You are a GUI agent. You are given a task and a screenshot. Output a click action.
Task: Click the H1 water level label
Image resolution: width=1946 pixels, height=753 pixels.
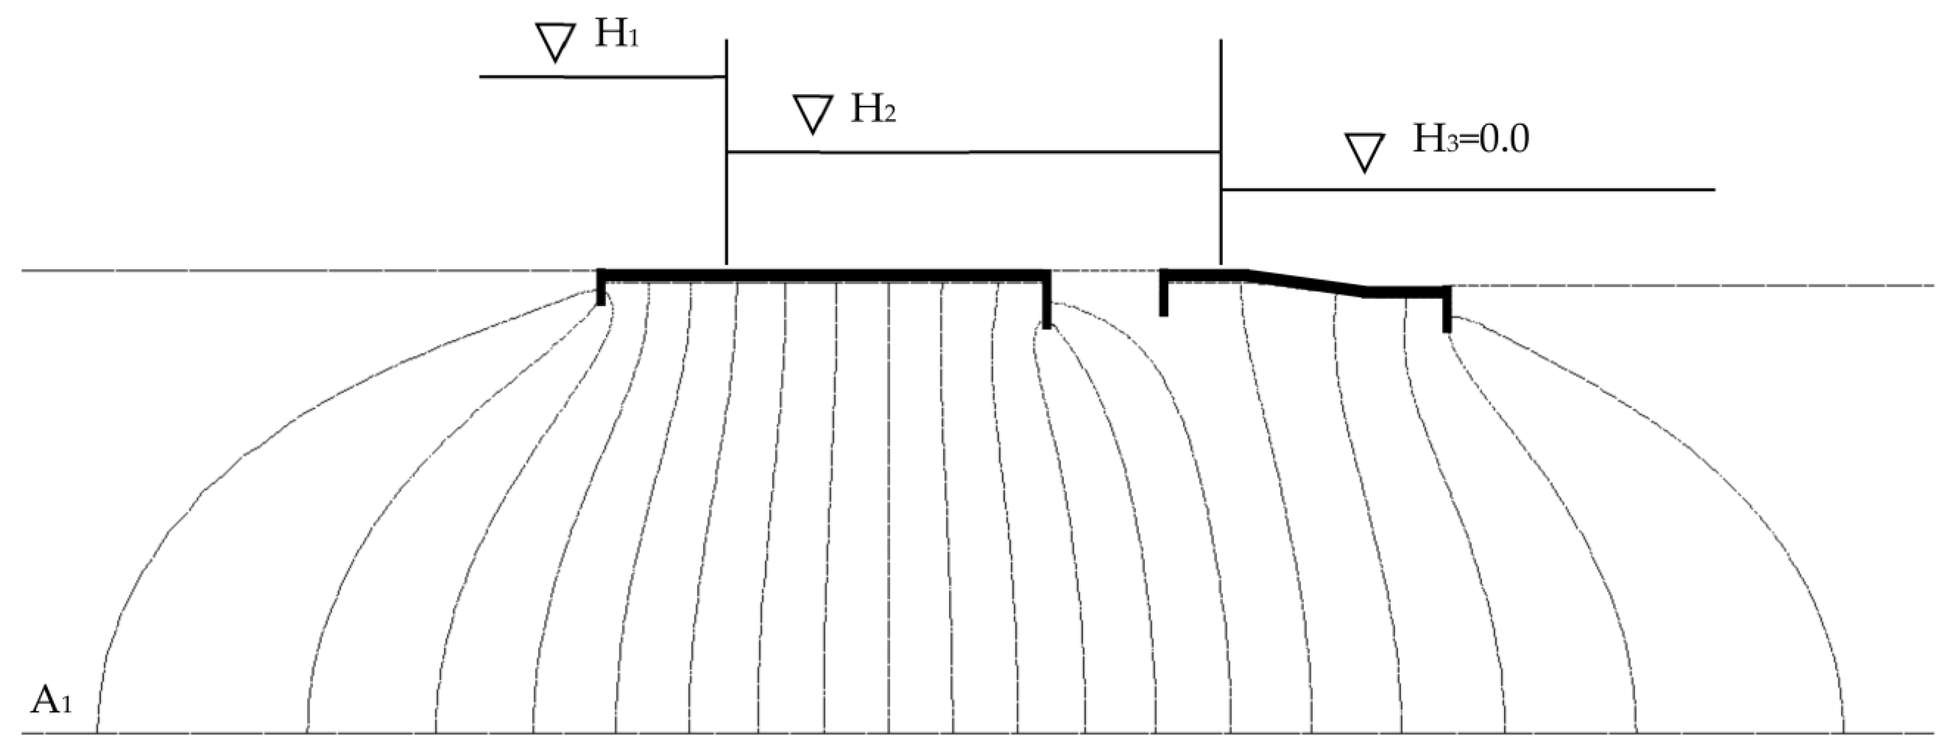pos(616,35)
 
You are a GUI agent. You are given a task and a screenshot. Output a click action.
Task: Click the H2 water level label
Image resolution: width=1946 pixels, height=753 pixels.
pos(873,110)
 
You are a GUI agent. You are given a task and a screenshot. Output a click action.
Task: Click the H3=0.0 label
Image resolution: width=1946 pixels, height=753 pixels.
pos(1470,141)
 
